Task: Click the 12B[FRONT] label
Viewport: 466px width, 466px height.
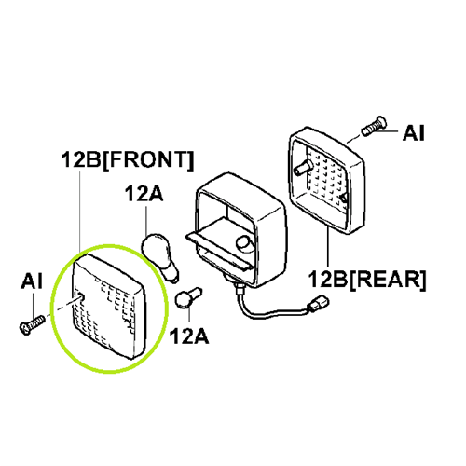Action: click(x=128, y=160)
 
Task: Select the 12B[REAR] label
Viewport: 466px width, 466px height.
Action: click(x=367, y=280)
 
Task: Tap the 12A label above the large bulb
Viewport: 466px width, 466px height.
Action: click(x=144, y=194)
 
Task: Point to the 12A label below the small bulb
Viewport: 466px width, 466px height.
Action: click(x=189, y=336)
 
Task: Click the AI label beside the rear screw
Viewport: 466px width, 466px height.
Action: click(x=413, y=133)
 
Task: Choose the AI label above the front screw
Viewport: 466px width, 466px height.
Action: click(x=32, y=281)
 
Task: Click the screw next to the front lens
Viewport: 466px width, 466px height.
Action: click(x=32, y=324)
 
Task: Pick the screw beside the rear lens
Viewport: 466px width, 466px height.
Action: click(x=374, y=127)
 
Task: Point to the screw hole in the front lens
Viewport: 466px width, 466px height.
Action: click(x=82, y=296)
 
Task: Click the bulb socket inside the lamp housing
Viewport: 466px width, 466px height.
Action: click(x=244, y=242)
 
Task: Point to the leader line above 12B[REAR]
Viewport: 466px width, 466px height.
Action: click(x=328, y=248)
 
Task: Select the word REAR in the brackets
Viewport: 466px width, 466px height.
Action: click(x=388, y=280)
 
